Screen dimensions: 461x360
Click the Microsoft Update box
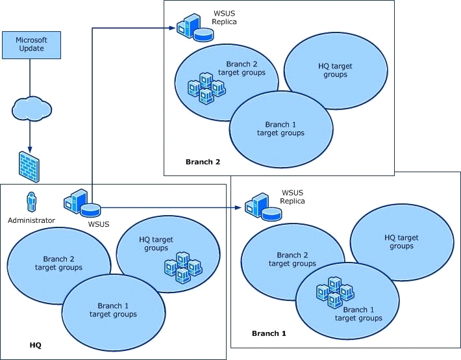click(31, 45)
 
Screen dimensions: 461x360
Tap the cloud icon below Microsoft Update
click(32, 109)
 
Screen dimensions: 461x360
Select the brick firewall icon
click(29, 167)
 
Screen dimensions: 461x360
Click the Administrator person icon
click(31, 202)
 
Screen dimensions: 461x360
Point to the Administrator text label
click(31, 220)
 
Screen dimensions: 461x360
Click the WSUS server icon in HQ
click(82, 202)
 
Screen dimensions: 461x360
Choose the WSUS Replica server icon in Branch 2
click(195, 27)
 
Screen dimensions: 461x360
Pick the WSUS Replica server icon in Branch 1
click(263, 207)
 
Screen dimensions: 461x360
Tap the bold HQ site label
click(36, 345)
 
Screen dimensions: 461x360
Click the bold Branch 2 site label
click(203, 162)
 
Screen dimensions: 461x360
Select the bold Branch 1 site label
click(269, 333)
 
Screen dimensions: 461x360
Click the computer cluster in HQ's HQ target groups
click(184, 267)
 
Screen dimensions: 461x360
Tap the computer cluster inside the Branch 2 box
click(206, 88)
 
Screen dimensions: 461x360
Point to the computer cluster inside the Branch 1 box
click(335, 292)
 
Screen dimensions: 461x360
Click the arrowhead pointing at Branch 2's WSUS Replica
click(173, 28)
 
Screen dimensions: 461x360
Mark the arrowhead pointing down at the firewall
click(29, 148)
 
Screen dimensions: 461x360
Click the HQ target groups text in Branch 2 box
click(335, 70)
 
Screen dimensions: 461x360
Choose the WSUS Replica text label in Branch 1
click(292, 197)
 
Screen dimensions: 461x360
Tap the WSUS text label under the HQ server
click(99, 224)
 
